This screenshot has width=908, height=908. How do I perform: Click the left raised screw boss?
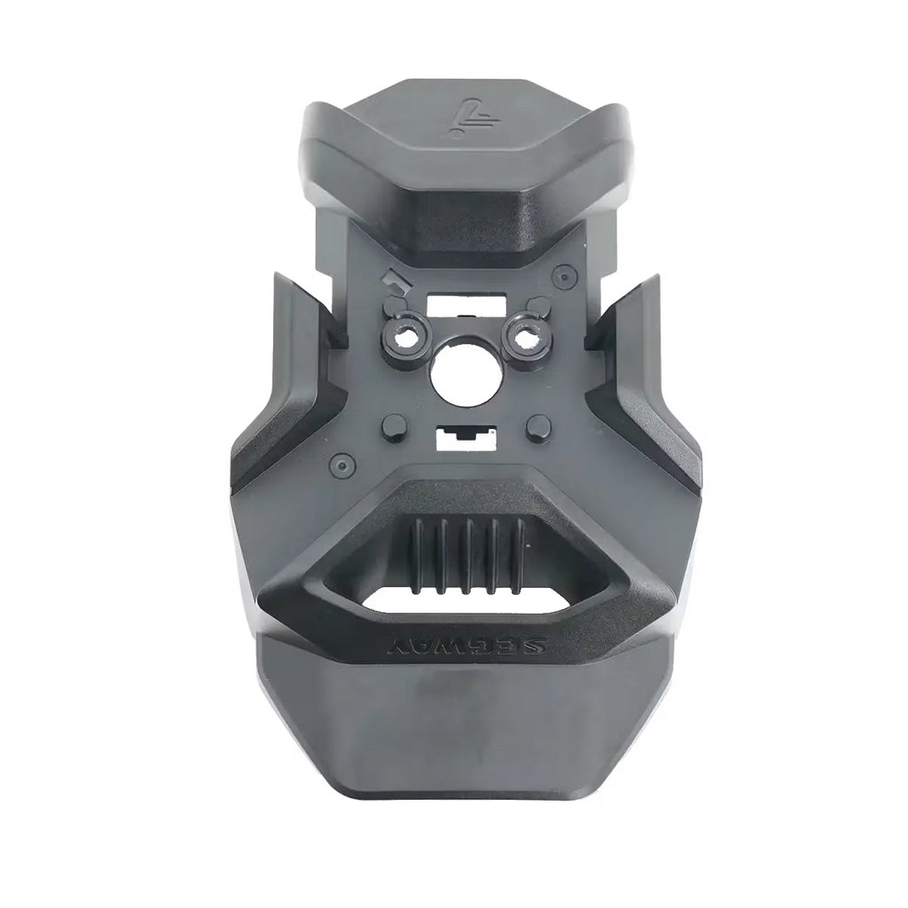tap(403, 336)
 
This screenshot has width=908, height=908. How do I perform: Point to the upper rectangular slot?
tap(466, 303)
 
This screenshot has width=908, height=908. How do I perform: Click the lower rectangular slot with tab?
tap(463, 438)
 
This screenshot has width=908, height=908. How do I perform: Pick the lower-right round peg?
tap(538, 427)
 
